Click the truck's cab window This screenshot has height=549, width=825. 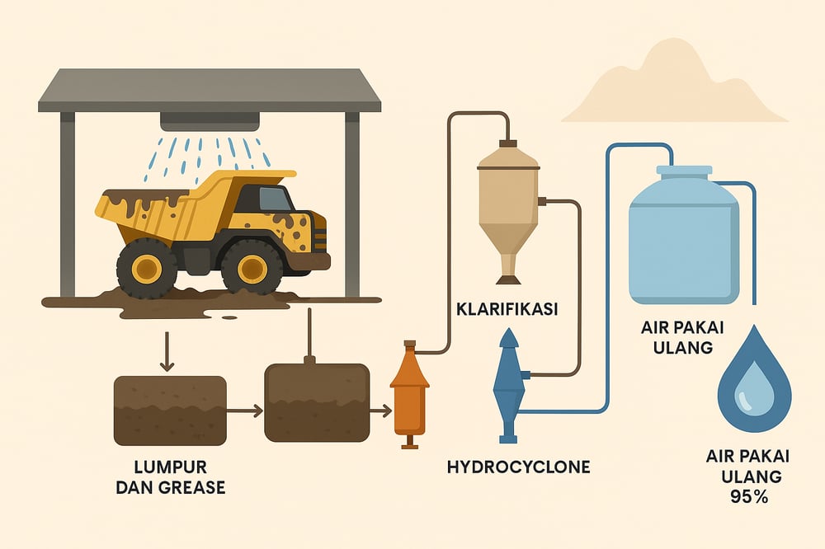point(274,199)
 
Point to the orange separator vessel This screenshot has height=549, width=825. point(409,394)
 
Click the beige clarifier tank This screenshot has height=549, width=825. point(509,198)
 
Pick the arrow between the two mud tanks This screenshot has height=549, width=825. point(245,410)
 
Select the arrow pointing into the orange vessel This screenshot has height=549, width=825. point(380,409)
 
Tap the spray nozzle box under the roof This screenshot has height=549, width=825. point(209,121)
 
